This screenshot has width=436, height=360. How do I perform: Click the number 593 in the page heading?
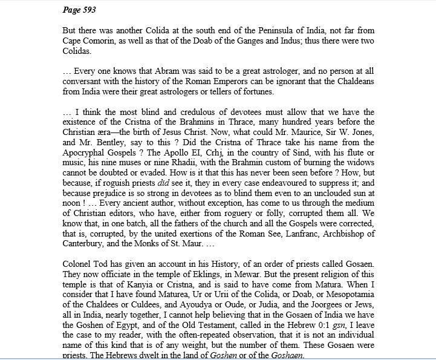88,10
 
